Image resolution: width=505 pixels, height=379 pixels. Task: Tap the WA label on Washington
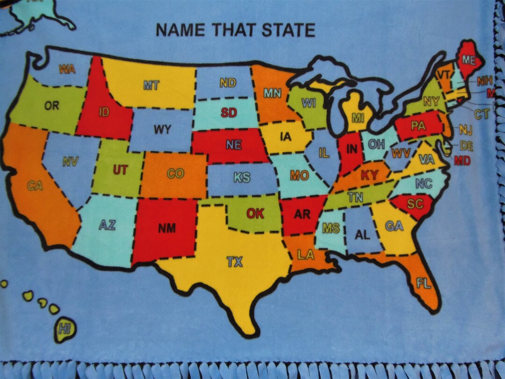click(67, 69)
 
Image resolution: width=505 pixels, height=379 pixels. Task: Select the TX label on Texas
click(235, 262)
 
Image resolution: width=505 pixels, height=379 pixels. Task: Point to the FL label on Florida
click(424, 283)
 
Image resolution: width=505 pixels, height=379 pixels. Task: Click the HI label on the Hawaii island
click(65, 329)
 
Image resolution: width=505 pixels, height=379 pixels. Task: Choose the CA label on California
click(35, 186)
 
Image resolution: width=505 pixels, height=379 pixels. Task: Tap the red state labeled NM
click(166, 228)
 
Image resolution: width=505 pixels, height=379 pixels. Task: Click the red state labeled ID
click(104, 112)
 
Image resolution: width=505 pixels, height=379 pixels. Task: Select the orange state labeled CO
click(175, 174)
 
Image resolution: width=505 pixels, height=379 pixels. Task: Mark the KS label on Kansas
click(242, 178)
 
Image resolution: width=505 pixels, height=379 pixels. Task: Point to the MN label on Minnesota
click(272, 93)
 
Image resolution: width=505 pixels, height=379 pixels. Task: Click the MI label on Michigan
click(358, 117)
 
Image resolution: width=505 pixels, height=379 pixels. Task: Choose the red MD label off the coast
click(462, 160)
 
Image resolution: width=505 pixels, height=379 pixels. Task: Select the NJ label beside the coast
click(466, 130)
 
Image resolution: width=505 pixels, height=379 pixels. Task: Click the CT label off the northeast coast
click(481, 114)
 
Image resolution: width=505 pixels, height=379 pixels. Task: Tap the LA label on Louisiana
click(306, 255)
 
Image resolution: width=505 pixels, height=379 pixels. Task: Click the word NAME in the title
click(181, 30)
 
